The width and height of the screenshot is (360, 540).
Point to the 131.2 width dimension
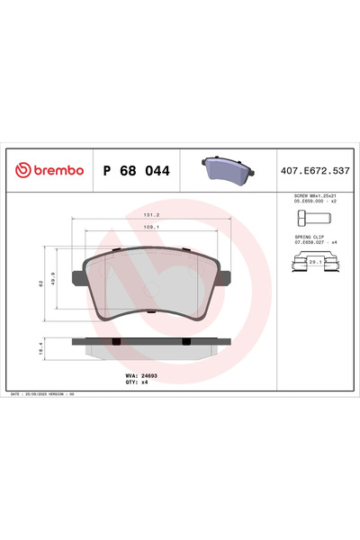(151, 216)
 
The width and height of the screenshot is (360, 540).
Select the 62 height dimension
(41, 283)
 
